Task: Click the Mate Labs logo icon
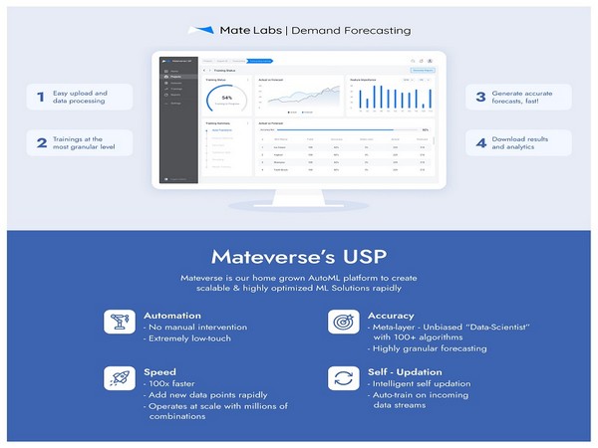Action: (x=201, y=31)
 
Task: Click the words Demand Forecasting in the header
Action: (x=352, y=31)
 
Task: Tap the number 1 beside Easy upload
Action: (x=41, y=98)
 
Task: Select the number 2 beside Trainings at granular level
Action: (x=41, y=143)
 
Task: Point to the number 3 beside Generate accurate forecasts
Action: (x=479, y=98)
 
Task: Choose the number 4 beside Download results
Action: (x=479, y=143)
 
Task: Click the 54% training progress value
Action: (x=226, y=99)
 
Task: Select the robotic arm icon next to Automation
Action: (x=117, y=322)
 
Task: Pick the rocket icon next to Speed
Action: (x=117, y=377)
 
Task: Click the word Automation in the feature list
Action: (x=171, y=314)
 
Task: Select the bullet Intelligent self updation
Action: (x=413, y=382)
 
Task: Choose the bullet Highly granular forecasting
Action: (x=416, y=348)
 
